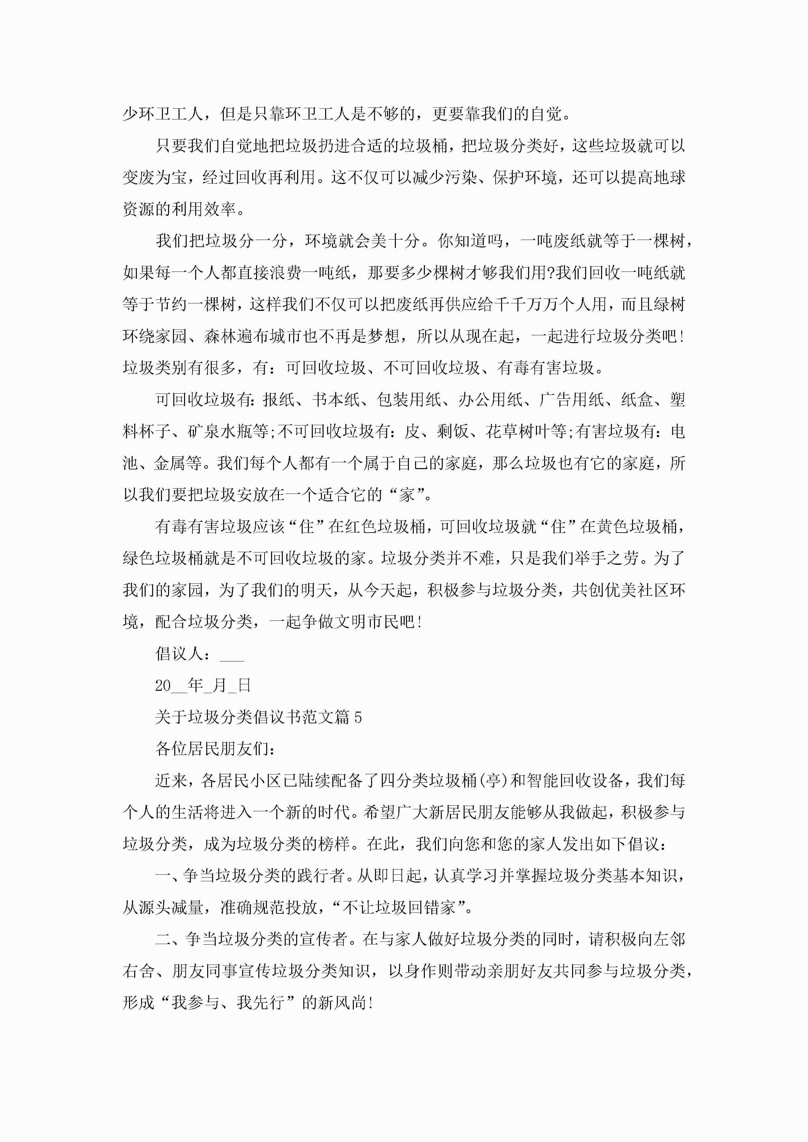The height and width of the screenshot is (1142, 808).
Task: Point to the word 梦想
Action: click(384, 336)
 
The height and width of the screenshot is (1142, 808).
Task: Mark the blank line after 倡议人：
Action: click(232, 654)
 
